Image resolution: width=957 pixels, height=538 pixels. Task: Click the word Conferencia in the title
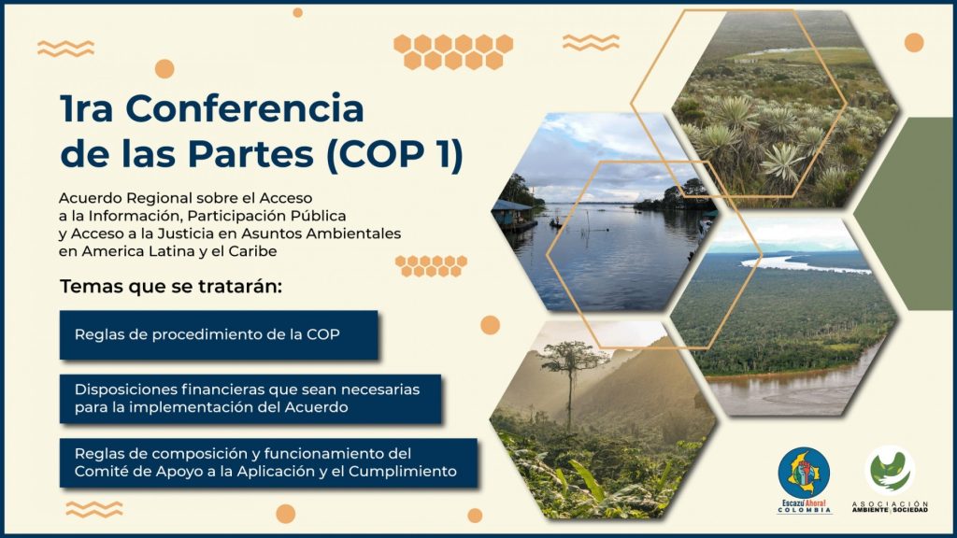pyautogui.click(x=245, y=108)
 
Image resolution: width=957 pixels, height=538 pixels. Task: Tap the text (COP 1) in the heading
pyautogui.click(x=395, y=154)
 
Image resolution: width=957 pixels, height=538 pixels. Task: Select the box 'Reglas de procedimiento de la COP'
pyautogui.click(x=219, y=335)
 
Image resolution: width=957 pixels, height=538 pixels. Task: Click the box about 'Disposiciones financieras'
pyautogui.click(x=250, y=398)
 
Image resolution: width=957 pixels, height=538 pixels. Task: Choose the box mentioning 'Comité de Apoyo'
pyautogui.click(x=268, y=462)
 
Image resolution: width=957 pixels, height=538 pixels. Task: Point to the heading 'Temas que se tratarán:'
pyautogui.click(x=171, y=286)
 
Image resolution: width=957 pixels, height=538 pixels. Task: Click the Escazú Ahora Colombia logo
pyautogui.click(x=804, y=480)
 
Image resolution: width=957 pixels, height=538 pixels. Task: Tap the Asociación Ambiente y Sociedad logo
pyautogui.click(x=890, y=479)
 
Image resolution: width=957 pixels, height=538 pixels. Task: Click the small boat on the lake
pyautogui.click(x=555, y=223)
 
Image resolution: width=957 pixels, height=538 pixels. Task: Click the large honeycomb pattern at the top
pyautogui.click(x=453, y=51)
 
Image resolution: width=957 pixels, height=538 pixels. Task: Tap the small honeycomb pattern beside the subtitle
pyautogui.click(x=431, y=266)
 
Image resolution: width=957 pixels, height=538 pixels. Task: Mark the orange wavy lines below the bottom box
pyautogui.click(x=94, y=509)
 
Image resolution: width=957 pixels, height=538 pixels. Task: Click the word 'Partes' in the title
pyautogui.click(x=250, y=154)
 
